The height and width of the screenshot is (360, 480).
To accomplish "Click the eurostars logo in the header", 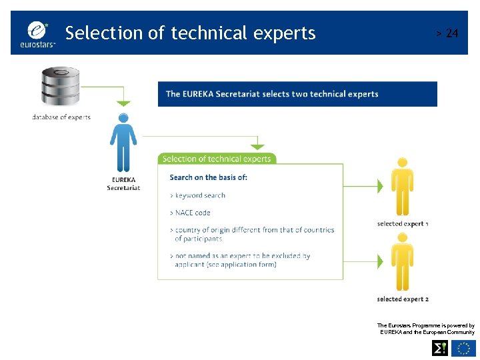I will click(39, 33).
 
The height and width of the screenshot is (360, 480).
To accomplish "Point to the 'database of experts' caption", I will click(61, 117).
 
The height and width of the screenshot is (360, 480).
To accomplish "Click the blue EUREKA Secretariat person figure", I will click(123, 143).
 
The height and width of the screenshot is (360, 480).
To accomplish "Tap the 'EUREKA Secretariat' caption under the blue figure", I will click(123, 183).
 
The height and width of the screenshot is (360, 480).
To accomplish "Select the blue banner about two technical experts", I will click(297, 94).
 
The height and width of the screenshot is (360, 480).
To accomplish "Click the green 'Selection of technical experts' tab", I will click(217, 159).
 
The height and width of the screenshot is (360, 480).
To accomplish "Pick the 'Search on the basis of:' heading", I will click(208, 177).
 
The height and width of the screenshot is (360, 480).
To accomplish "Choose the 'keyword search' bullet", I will click(198, 195).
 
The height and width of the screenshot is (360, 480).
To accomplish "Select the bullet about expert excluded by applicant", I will click(241, 260).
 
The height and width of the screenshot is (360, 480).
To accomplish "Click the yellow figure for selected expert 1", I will click(401, 186).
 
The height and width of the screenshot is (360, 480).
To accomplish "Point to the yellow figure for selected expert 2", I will click(401, 262).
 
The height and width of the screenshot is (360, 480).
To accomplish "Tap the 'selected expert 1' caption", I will click(402, 224).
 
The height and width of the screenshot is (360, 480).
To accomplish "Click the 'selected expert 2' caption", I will click(402, 299).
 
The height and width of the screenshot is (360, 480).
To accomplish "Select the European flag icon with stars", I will click(463, 347).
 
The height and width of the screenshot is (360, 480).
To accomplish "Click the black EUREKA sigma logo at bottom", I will click(440, 347).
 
